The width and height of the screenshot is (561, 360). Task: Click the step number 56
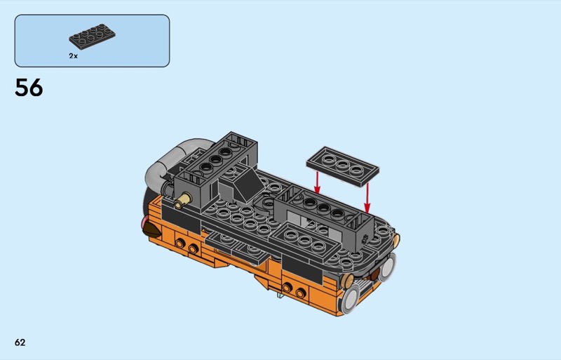click(29, 88)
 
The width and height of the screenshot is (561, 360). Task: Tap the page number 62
click(20, 342)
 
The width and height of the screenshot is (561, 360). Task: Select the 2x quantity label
click(74, 56)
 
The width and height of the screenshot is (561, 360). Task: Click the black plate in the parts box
click(93, 36)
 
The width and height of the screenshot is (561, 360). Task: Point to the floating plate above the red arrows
click(342, 166)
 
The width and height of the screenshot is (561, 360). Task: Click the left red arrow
click(317, 182)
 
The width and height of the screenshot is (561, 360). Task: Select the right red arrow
click(367, 198)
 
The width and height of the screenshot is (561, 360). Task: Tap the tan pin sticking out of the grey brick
click(183, 200)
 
